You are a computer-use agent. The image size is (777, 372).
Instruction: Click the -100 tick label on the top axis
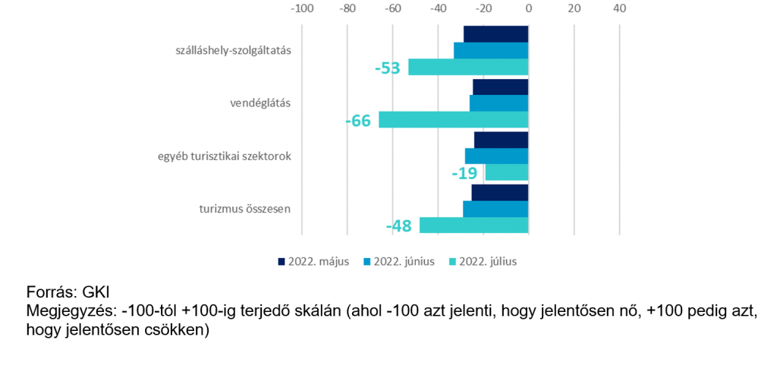coord(302,8)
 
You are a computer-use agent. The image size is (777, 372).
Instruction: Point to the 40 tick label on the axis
coord(620,8)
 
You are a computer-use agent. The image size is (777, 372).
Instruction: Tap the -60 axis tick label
coord(392,8)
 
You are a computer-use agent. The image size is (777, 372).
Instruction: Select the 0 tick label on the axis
coord(529,8)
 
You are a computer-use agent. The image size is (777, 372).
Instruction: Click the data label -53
coord(387,68)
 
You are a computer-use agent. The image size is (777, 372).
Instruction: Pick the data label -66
coord(358,121)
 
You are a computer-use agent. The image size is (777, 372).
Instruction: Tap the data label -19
coord(464,173)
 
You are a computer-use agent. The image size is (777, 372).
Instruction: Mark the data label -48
coord(399,226)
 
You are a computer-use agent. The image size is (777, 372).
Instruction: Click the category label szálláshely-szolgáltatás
coord(233,51)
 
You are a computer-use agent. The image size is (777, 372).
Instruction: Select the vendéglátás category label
coord(260,104)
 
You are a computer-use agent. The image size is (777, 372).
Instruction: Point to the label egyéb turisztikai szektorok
coord(224,156)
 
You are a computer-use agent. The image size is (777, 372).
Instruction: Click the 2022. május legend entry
coord(313,262)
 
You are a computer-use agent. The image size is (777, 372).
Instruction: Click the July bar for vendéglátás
coord(454,120)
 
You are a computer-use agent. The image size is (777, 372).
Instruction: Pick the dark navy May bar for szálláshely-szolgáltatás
coord(496,34)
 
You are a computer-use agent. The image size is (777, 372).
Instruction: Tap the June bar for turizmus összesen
coord(496,209)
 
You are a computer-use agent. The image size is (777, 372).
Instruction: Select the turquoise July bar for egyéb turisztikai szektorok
coord(507,172)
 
